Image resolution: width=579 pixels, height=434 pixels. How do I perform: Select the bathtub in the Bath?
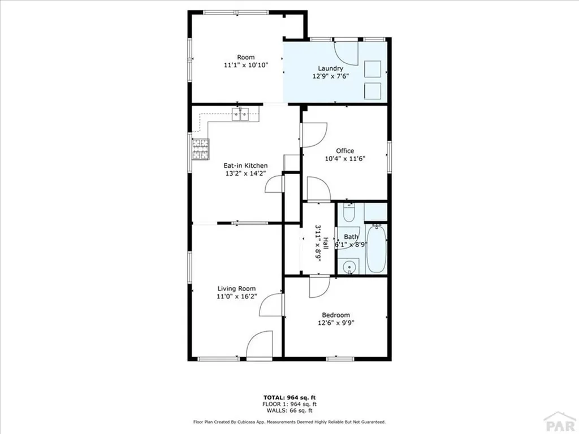click(x=376, y=249)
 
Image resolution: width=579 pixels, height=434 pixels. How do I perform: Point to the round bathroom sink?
click(x=349, y=267)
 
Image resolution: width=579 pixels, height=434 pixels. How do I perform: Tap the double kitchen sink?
click(x=240, y=115)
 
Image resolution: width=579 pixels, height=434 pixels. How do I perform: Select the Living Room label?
click(x=236, y=289)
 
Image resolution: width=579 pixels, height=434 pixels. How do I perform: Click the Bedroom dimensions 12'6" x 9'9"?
click(x=335, y=323)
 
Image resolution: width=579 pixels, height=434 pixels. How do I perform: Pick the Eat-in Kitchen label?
click(x=245, y=166)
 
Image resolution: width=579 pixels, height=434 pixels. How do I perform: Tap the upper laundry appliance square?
click(x=373, y=69)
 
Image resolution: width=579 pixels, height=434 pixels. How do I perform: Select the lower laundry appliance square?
click(x=373, y=90)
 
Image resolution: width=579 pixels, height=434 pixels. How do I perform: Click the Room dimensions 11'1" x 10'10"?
click(x=245, y=65)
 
